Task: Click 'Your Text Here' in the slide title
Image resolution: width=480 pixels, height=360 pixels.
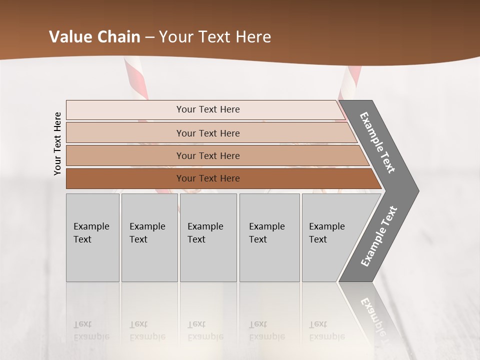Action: point(215,37)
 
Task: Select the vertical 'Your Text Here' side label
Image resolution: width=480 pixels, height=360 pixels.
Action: point(57,143)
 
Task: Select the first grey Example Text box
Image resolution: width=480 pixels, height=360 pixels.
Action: point(92,237)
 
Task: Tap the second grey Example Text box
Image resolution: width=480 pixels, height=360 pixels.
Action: point(149,237)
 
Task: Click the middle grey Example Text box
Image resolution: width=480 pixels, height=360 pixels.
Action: point(208,237)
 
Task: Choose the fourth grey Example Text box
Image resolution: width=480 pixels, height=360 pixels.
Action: point(269,237)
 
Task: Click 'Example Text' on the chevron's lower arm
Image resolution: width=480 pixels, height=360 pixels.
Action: point(379,236)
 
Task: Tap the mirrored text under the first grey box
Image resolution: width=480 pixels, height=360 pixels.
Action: point(91,330)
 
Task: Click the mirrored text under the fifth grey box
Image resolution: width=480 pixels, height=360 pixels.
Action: point(327,330)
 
